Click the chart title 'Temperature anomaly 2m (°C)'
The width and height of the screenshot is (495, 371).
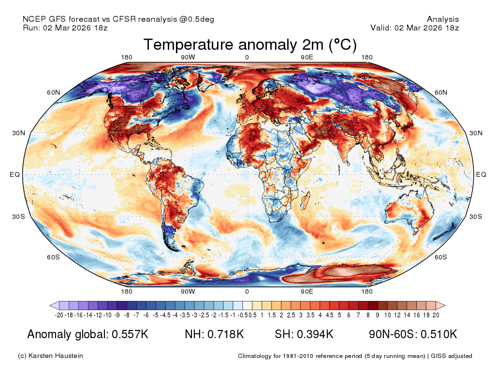(x=250, y=44)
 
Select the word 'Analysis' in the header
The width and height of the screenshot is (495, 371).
(x=443, y=19)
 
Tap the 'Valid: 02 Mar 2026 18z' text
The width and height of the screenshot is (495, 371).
(x=414, y=28)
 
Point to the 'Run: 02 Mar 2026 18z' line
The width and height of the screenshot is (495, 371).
(x=65, y=28)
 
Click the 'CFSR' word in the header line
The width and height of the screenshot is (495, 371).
(x=124, y=19)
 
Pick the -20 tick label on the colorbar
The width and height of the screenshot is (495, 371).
(x=59, y=315)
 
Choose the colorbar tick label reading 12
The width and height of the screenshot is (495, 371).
(x=397, y=315)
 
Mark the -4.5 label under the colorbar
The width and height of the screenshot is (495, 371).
(x=167, y=315)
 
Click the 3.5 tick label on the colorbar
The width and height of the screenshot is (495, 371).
(x=310, y=315)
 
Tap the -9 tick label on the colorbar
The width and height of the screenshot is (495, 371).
(x=117, y=315)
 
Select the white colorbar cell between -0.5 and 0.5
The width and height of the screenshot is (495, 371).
(x=247, y=305)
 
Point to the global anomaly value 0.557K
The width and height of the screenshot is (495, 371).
(x=130, y=334)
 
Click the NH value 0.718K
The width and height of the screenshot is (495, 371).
(x=225, y=334)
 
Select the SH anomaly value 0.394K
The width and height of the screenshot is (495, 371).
(x=315, y=334)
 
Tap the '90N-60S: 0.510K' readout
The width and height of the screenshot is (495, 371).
(x=413, y=334)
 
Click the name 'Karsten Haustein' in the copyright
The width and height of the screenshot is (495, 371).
(x=56, y=356)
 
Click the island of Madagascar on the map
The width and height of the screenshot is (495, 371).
(x=305, y=201)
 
